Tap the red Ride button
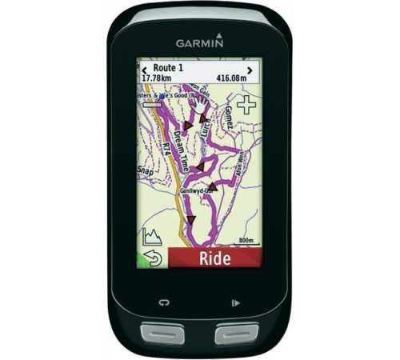pyautogui.click(x=214, y=258)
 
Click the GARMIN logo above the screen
pyautogui.click(x=199, y=45)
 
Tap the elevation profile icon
pyautogui.click(x=150, y=237)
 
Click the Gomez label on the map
pyautogui.click(x=232, y=118)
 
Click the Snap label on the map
pyautogui.click(x=145, y=171)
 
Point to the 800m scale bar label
pyautogui.click(x=246, y=239)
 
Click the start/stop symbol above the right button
pyautogui.click(x=235, y=303)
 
